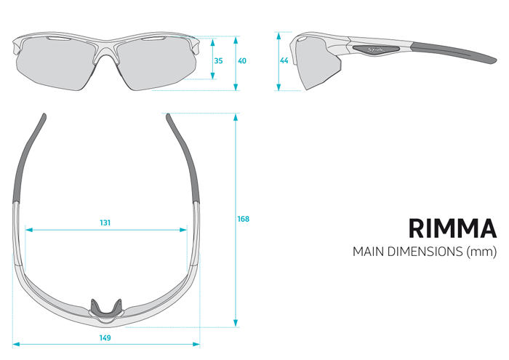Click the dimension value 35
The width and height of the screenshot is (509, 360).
tap(218, 60)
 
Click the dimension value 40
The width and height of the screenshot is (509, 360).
tap(242, 60)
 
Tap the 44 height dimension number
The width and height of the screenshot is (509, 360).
tap(284, 60)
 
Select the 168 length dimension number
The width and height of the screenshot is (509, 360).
tap(244, 219)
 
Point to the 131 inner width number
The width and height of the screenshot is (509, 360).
tap(105, 223)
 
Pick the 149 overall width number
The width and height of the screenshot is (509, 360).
tap(105, 338)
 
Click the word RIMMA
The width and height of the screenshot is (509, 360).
tap(452, 228)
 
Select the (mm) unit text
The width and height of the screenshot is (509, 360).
tap(481, 252)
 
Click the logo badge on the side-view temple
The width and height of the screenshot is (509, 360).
tap(376, 49)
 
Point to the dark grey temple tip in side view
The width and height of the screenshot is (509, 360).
tap(454, 52)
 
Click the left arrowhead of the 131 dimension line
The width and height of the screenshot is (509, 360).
tap(29, 230)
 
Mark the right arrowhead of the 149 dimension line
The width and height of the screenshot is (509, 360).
tap(196, 344)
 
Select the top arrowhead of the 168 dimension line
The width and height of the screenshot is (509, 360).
tap(236, 118)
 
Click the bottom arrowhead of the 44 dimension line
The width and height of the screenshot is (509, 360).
tap(278, 87)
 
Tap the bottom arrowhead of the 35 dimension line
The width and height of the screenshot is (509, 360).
tap(213, 76)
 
